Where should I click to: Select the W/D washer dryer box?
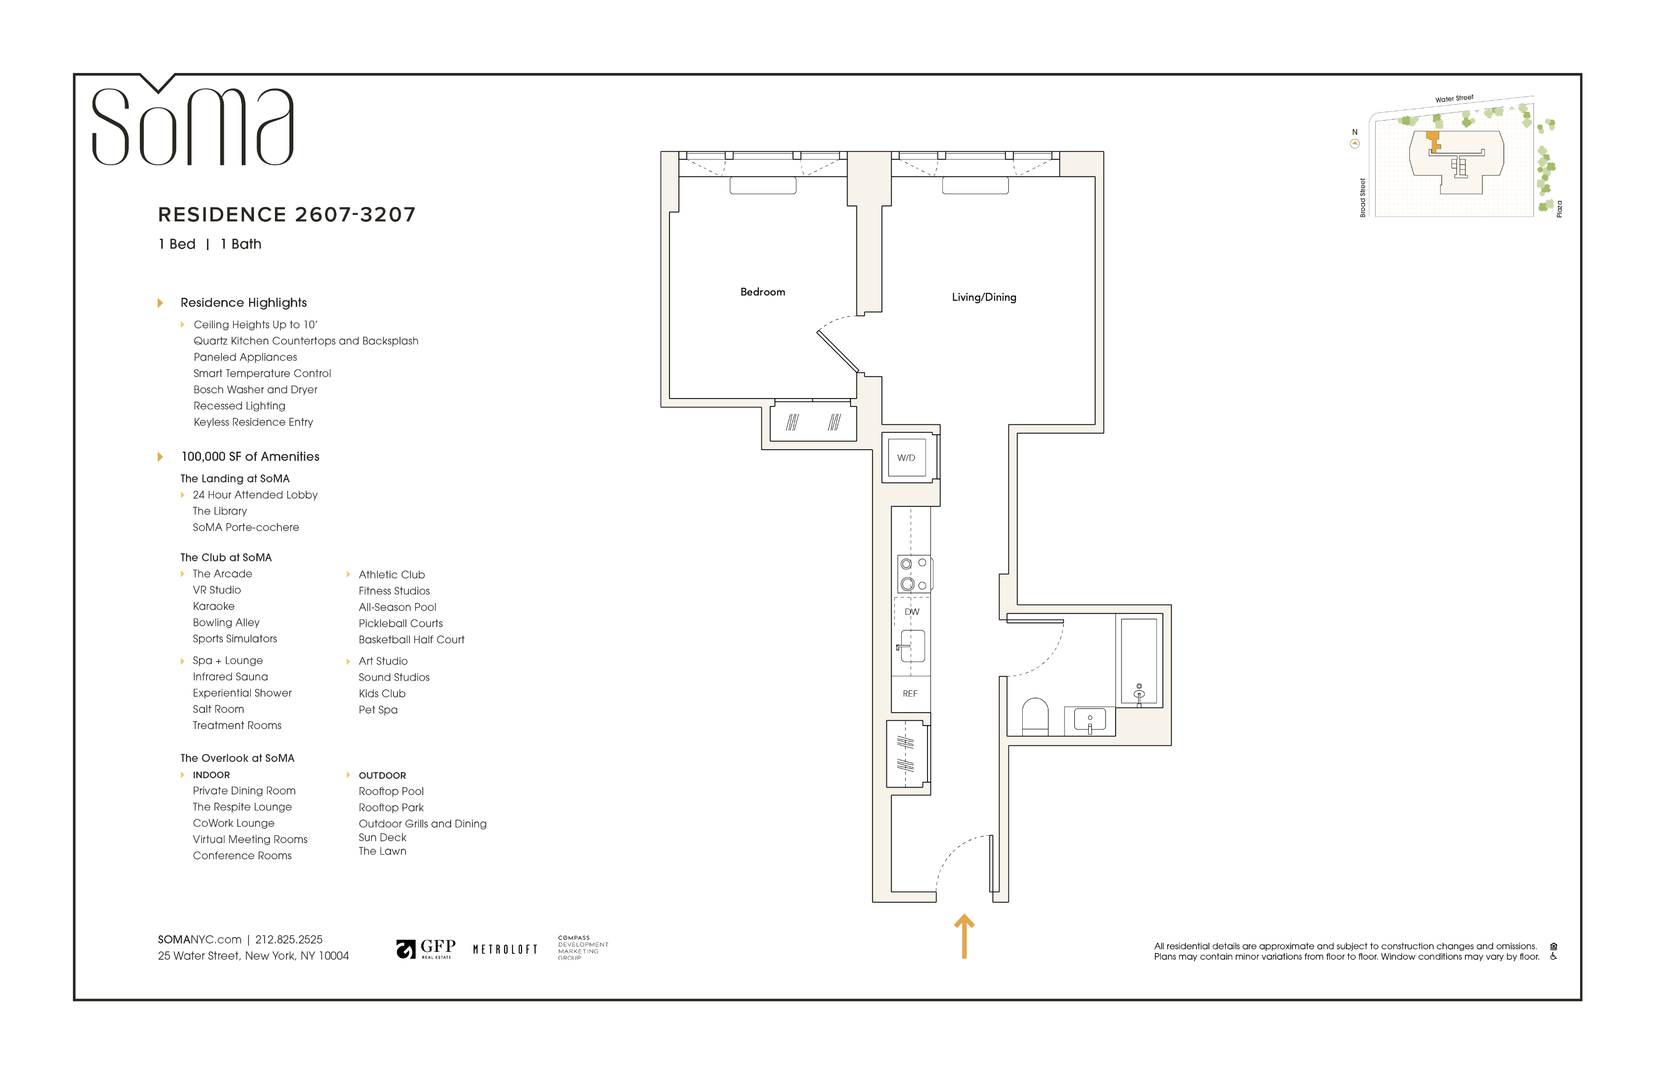click(906, 458)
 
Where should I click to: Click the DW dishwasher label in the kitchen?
click(912, 611)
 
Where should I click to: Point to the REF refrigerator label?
click(910, 693)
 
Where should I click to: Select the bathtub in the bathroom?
click(1138, 661)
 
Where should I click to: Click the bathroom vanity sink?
click(1090, 720)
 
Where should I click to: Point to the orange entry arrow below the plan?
click(964, 937)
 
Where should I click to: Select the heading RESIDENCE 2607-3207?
click(287, 214)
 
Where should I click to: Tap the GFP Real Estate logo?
click(426, 948)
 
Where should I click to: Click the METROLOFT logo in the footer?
click(505, 949)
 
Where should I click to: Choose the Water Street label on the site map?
click(1454, 99)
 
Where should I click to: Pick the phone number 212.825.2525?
click(289, 939)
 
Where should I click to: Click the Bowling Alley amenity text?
click(226, 623)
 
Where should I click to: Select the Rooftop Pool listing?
click(391, 791)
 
